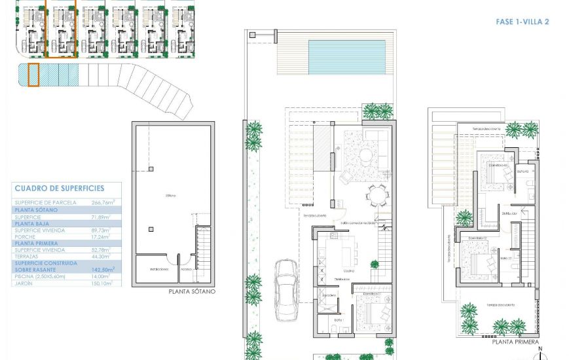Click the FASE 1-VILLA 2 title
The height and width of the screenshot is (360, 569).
(x=522, y=22)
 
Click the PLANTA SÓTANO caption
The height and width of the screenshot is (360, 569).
(x=191, y=292)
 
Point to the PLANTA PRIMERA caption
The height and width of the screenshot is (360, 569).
(x=516, y=342)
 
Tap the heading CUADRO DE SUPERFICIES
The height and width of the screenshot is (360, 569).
(x=59, y=189)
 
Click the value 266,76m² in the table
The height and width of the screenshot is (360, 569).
(x=103, y=203)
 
